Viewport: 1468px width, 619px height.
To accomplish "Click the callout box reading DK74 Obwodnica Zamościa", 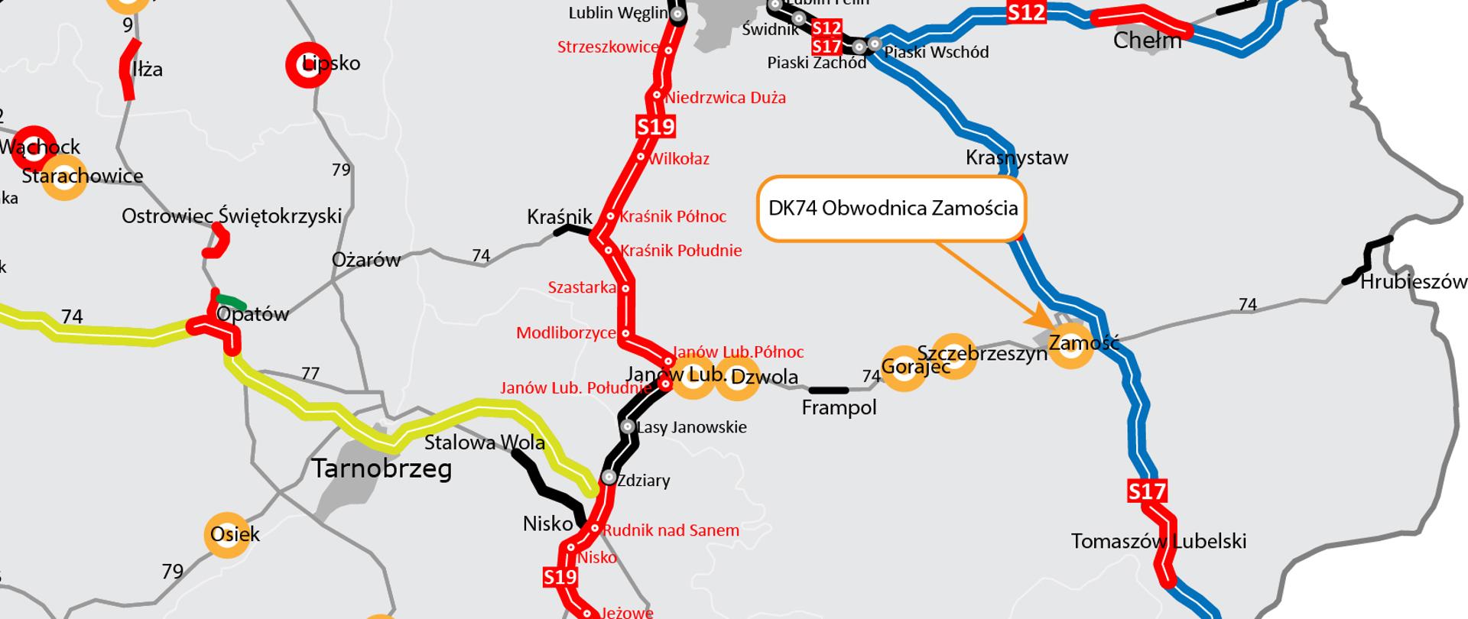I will pyautogui.click(x=892, y=209).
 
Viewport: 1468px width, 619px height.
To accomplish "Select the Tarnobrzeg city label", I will pyautogui.click(x=382, y=468).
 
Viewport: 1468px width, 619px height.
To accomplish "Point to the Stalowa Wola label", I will pyautogui.click(x=484, y=442).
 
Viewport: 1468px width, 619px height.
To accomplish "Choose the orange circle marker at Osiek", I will pyautogui.click(x=227, y=534).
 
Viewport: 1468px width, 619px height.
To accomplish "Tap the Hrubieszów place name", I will pyautogui.click(x=1414, y=282).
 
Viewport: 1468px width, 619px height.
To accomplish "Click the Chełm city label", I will pyautogui.click(x=1147, y=41).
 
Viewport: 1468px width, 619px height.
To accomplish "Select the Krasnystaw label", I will pyautogui.click(x=1016, y=158).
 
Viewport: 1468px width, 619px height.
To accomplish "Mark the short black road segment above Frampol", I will pyautogui.click(x=828, y=391).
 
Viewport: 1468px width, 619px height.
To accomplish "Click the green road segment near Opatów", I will pyautogui.click(x=231, y=302).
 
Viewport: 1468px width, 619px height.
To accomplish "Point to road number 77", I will pyautogui.click(x=310, y=374).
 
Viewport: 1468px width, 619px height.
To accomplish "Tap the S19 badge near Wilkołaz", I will pyautogui.click(x=655, y=126).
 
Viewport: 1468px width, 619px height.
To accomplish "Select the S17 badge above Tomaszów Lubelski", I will pyautogui.click(x=1147, y=491).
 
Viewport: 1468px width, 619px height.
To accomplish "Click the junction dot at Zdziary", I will pyautogui.click(x=609, y=478).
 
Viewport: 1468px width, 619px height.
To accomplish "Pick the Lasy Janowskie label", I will pyautogui.click(x=691, y=427).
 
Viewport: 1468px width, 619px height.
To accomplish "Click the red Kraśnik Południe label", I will pyautogui.click(x=680, y=251).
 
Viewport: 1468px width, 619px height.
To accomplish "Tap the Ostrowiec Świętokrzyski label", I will pyautogui.click(x=231, y=216).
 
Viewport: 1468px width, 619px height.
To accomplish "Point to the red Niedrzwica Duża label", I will pyautogui.click(x=725, y=98).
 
